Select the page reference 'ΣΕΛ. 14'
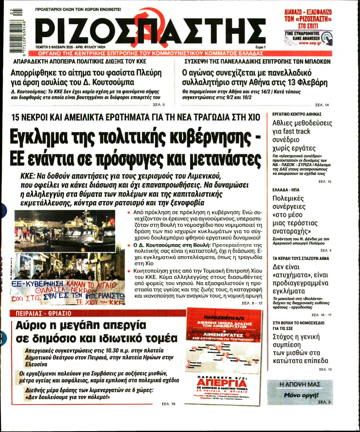click(x=322, y=105)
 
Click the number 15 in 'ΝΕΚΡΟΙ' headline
click(x=17, y=117)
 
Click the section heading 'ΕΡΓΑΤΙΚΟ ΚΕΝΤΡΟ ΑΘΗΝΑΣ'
click(x=296, y=114)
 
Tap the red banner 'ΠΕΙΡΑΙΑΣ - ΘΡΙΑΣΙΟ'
click(x=44, y=313)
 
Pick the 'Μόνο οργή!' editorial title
click(x=301, y=395)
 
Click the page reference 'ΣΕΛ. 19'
click(x=168, y=404)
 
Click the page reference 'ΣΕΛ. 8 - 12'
click(x=252, y=303)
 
